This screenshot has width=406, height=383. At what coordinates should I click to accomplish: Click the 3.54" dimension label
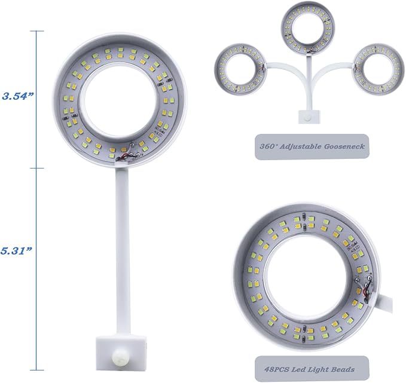[18, 96]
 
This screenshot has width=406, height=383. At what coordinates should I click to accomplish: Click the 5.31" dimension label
[16, 250]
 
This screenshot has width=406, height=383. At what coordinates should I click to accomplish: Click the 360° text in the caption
[268, 146]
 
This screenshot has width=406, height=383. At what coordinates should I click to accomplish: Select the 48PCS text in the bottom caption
[276, 369]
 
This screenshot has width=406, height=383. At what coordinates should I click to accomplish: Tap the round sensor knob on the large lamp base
[120, 356]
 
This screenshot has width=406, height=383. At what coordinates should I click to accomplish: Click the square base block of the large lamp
[120, 350]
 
